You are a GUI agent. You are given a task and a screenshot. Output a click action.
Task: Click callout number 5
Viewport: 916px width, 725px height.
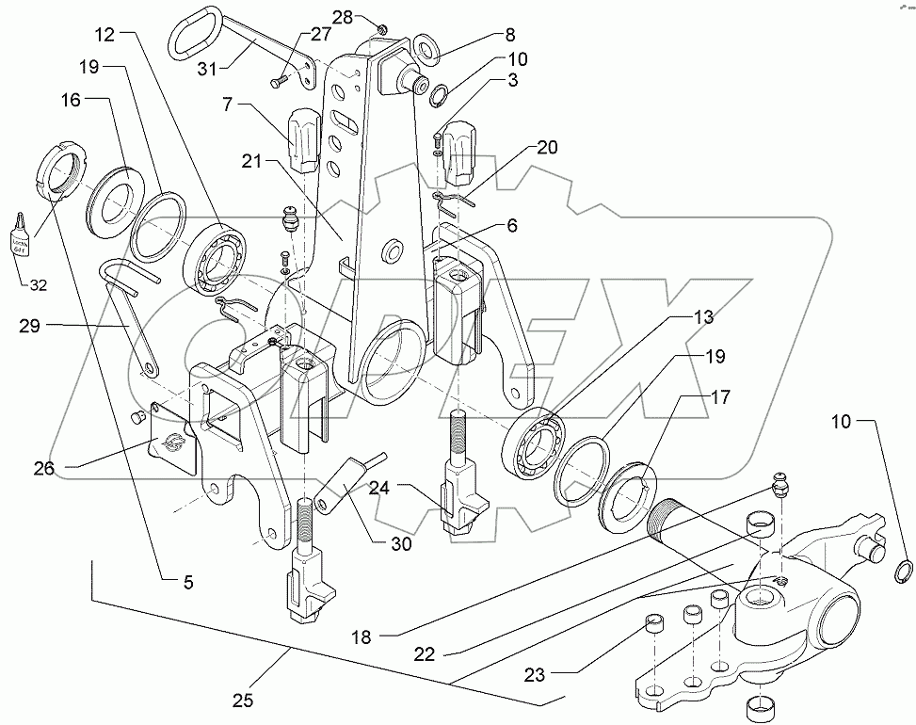pos(188,583)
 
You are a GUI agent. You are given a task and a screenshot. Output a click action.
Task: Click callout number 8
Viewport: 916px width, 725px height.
pos(509,35)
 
